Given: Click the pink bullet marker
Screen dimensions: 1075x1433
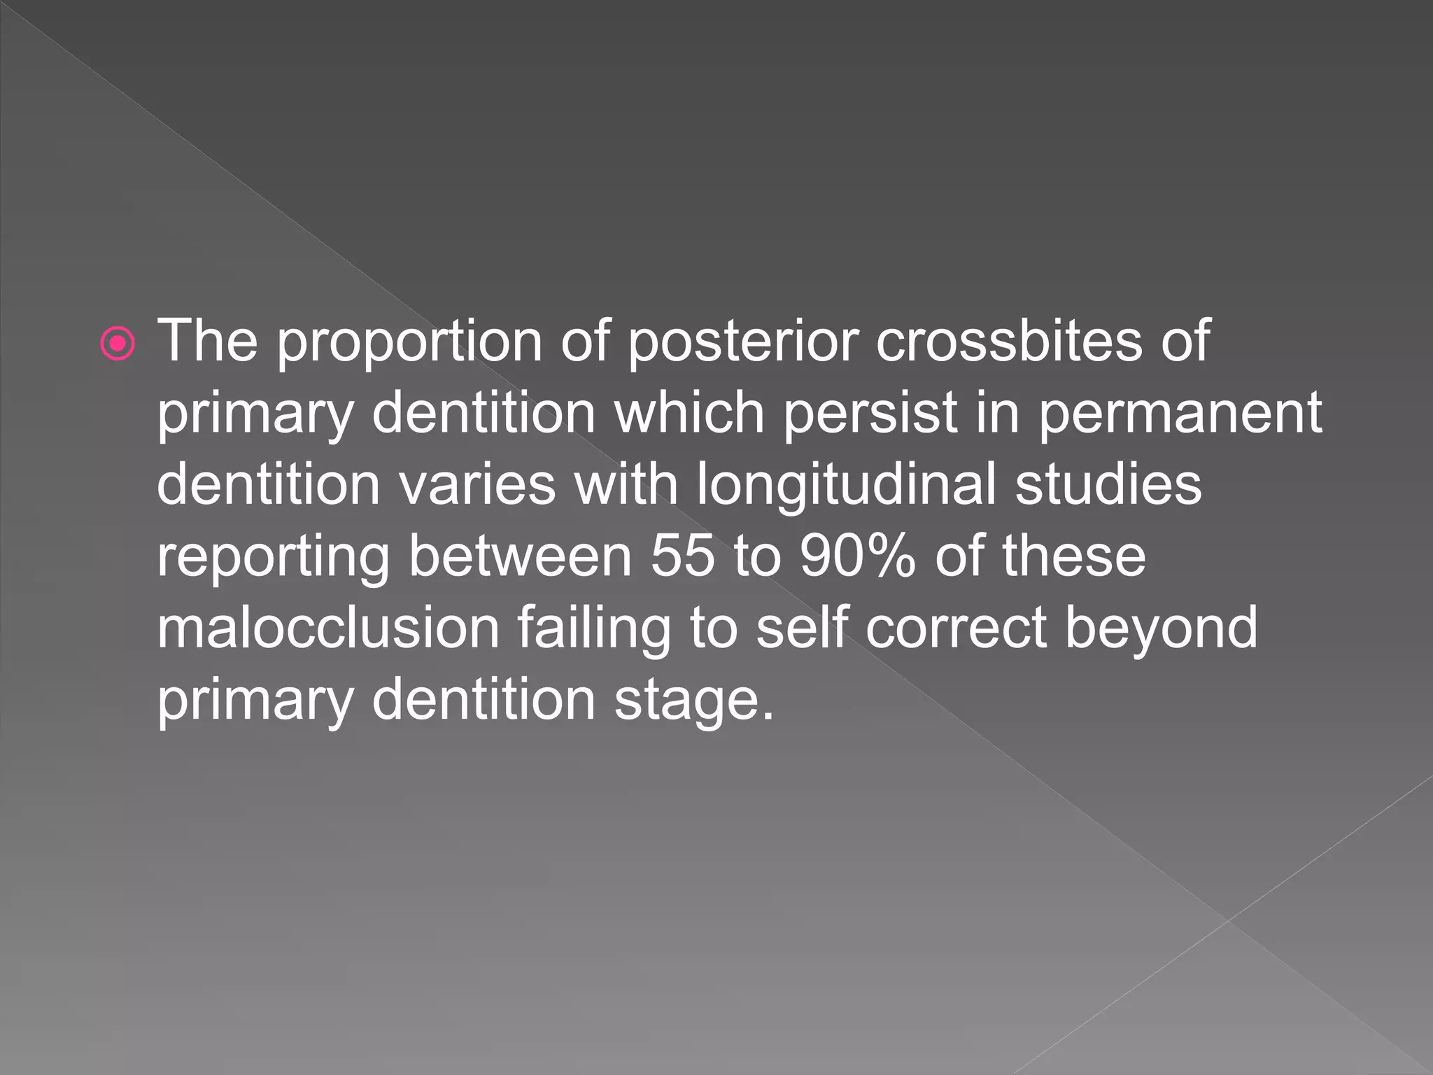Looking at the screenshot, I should [118, 344].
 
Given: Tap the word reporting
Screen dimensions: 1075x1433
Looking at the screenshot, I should [273, 558].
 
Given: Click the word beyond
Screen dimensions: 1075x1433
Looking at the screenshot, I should [1161, 630].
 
